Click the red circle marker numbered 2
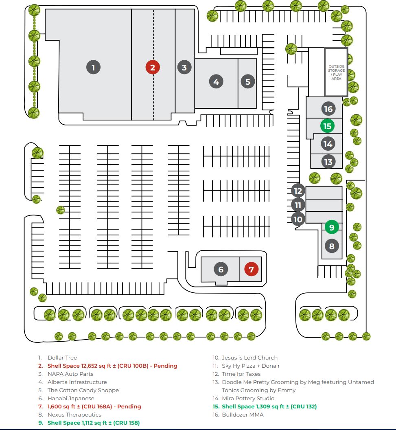[x=153, y=67]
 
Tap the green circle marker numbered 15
[x=327, y=126]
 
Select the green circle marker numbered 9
[x=332, y=227]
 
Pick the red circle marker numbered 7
[x=251, y=269]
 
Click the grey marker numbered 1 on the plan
[x=93, y=67]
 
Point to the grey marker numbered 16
[x=328, y=109]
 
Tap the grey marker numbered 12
[x=298, y=191]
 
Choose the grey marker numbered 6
[x=221, y=269]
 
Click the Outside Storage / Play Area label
[x=336, y=72]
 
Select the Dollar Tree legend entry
[x=62, y=358]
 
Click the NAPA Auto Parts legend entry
[x=70, y=374]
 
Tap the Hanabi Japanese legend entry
[x=71, y=398]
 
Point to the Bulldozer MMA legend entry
[x=243, y=415]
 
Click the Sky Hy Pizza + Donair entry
[x=251, y=366]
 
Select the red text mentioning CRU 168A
[x=94, y=406]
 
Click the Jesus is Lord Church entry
[x=249, y=358]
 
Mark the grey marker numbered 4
[x=216, y=81]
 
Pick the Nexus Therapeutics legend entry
[x=74, y=415]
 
